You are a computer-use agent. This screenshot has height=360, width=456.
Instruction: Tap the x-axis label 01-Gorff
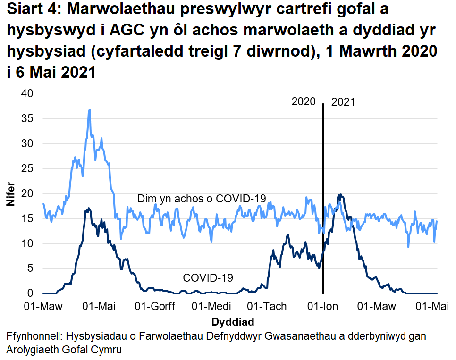155,307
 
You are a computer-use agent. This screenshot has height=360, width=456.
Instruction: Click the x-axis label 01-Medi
211,307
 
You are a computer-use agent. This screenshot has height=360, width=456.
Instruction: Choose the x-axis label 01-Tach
267,307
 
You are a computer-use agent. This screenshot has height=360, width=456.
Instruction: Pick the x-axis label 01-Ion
322,307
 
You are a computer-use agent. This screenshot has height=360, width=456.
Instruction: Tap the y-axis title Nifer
10,193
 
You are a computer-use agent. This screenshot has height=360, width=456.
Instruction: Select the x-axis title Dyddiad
233,322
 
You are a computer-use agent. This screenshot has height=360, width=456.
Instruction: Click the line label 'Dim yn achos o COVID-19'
202,199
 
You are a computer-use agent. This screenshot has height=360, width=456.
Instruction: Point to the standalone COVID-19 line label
208,278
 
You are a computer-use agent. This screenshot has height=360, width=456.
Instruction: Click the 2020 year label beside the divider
304,101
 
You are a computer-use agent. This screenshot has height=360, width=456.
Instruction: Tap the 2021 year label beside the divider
343,101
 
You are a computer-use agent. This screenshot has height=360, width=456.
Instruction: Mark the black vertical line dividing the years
323,198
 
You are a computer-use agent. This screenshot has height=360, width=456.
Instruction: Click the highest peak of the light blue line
89,109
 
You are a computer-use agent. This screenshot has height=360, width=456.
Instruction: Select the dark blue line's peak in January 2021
339,195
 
